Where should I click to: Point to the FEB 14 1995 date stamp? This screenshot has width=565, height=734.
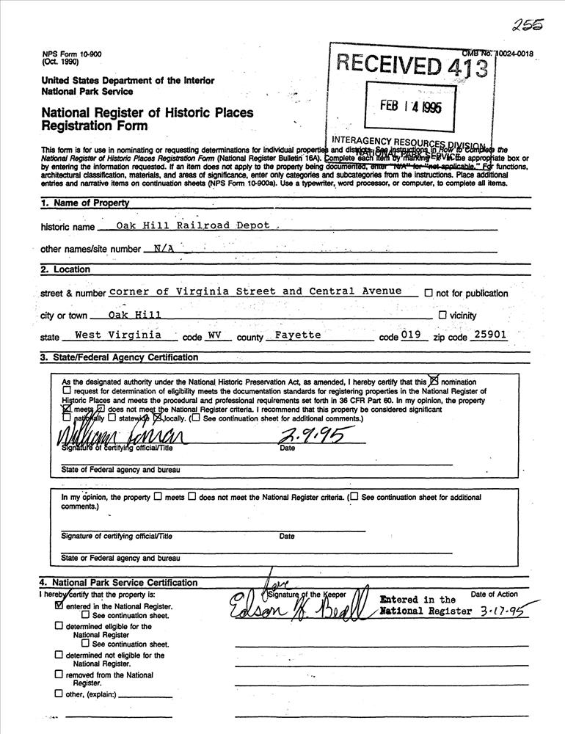click(x=411, y=105)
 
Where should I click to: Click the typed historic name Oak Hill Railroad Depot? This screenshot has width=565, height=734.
click(x=194, y=225)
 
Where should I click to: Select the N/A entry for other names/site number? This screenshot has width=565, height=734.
click(x=164, y=248)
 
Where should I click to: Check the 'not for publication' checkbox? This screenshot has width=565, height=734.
click(x=429, y=293)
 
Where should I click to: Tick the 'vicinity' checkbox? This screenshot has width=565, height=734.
click(x=442, y=315)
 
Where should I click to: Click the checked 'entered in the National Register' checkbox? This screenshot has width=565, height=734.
click(x=59, y=606)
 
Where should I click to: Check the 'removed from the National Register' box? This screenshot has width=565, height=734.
click(x=59, y=674)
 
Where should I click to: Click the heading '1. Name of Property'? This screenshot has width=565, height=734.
click(x=85, y=203)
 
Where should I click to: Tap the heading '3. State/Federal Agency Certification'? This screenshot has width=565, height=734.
click(x=119, y=357)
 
